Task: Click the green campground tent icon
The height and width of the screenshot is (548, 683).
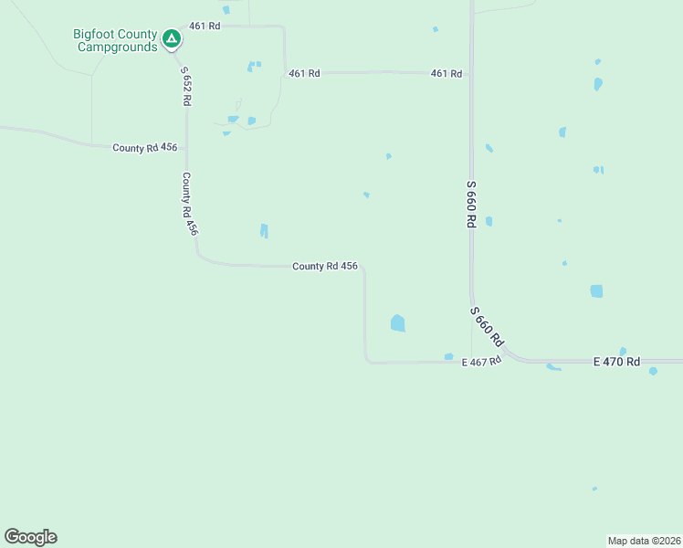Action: coord(171,37)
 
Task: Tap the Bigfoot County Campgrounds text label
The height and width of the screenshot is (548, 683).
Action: coord(115,40)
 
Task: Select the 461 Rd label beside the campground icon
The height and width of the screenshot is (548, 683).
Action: coord(205,26)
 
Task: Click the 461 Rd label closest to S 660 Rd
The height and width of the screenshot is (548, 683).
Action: coord(447,73)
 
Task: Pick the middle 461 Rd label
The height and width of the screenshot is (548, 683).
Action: coord(304,73)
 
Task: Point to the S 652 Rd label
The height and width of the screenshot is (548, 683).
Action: coord(185,86)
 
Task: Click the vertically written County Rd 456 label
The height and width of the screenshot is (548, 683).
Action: coord(189,204)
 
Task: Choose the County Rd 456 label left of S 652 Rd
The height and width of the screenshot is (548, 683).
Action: coord(144,147)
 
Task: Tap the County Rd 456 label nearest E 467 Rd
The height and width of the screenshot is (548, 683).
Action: coord(324,266)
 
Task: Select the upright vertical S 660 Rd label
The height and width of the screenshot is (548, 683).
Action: coord(471,209)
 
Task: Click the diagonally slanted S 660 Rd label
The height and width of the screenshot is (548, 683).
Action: coord(487,326)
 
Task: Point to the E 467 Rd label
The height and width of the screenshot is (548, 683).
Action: coord(482,362)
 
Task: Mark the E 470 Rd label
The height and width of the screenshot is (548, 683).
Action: coord(616,362)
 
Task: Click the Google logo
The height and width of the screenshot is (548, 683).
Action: coord(30,537)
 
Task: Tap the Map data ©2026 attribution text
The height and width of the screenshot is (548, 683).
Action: coord(644,541)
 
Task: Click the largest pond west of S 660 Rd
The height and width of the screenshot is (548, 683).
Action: coord(397,322)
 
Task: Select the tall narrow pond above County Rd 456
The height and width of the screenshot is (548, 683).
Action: coord(264,231)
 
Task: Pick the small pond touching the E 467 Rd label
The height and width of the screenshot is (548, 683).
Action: coord(448,356)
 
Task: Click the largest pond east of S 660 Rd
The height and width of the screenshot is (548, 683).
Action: coord(596,291)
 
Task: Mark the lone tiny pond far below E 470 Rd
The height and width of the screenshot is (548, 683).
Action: coord(594,489)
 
